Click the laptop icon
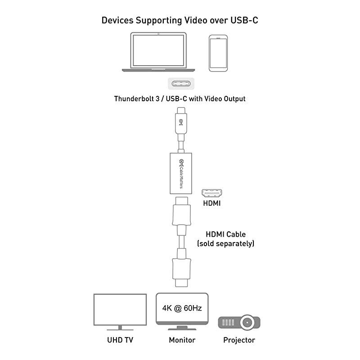point(160,52)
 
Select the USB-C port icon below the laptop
point(180,85)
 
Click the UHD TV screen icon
point(120,309)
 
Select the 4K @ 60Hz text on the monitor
point(182,309)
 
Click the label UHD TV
point(120,340)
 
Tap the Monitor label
point(182,340)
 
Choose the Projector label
point(239,340)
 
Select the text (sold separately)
point(225,243)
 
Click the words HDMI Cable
point(225,234)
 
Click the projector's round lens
point(247,323)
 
